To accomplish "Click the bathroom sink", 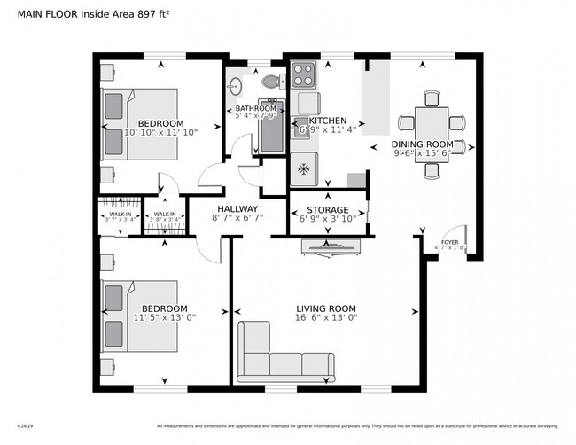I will click(x=236, y=87).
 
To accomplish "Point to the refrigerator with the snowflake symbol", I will click(x=304, y=166).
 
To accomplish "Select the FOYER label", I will click(x=450, y=242).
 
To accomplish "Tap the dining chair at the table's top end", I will click(x=432, y=98).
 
